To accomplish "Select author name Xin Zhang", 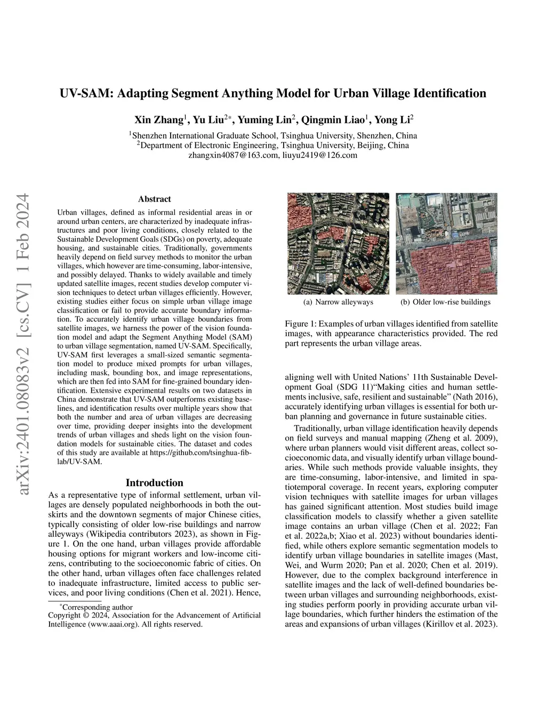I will [159, 120].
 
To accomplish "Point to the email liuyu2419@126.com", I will [319, 155].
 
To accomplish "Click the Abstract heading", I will [154, 199].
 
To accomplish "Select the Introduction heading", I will [154, 483].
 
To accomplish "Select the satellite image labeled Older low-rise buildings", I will [446, 243].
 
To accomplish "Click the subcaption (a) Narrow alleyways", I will [338, 302].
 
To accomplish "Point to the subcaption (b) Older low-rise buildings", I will [445, 302].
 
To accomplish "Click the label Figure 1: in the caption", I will [303, 324].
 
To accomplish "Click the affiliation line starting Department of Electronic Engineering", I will [273, 145].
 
